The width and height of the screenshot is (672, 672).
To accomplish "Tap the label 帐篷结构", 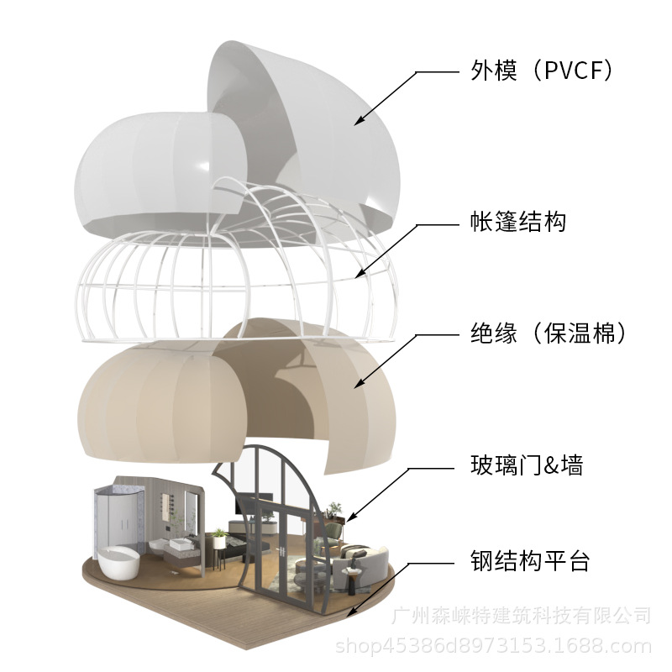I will tap(517, 223).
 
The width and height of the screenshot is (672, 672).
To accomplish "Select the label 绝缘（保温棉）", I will tap(549, 333).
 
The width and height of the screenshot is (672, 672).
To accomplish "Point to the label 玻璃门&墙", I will tap(528, 465).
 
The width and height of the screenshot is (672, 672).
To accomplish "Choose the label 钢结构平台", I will tap(529, 560).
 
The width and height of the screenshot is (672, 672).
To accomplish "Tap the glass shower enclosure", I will tap(114, 512).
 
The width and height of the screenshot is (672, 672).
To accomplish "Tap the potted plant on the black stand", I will tap(220, 535).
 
